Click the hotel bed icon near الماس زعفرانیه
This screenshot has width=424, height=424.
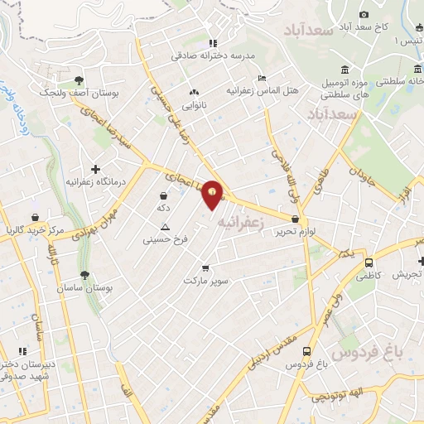tap(263, 78)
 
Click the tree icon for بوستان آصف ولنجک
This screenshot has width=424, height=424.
tap(79, 80)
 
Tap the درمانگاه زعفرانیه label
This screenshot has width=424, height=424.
tap(97, 181)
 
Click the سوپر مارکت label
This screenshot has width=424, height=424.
tap(206, 280)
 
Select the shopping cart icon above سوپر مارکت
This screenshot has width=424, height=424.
tap(205, 267)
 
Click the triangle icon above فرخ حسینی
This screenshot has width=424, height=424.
tap(165, 228)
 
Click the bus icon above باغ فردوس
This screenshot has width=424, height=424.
tap(307, 351)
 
